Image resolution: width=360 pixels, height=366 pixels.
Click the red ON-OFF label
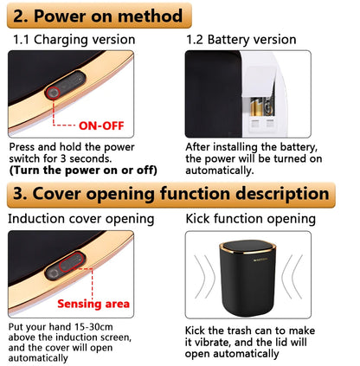coord(101,125)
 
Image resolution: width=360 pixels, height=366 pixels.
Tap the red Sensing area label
coord(93,304)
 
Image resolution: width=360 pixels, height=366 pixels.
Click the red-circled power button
coord(53,93)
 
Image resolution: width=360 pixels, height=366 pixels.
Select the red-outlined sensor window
coord(71,262)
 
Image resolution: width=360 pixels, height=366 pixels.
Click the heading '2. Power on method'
coord(98,16)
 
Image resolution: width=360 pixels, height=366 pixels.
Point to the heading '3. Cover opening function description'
coord(170,194)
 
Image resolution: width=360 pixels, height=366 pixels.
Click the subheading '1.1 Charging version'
coord(74,40)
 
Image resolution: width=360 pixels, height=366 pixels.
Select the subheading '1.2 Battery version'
coord(241,40)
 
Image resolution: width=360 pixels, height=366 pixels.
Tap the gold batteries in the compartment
coord(262,106)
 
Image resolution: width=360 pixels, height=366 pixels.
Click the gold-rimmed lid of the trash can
coord(247,247)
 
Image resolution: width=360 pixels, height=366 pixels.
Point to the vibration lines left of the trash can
coord(204,276)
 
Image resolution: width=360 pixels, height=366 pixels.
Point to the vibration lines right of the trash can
coord(292,276)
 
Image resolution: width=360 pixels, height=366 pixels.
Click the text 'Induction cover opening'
coord(81,219)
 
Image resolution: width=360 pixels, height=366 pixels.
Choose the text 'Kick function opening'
coord(251,219)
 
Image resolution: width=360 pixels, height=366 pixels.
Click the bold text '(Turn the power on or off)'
coord(83,170)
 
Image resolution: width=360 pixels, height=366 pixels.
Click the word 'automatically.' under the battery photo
coord(220,170)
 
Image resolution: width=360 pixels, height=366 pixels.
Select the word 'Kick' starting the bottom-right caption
coord(195,331)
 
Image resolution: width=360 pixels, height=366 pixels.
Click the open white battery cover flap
coord(259,80)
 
